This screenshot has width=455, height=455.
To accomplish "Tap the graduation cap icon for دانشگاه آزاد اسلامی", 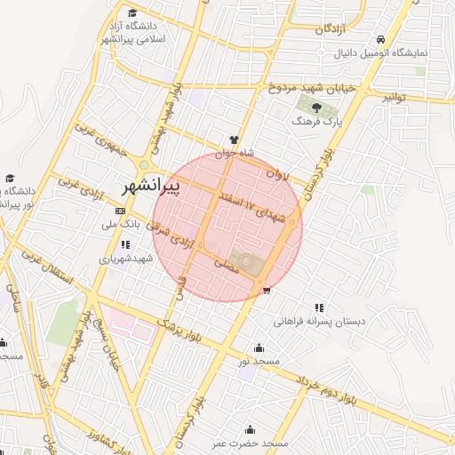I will pyautogui.click(x=132, y=13).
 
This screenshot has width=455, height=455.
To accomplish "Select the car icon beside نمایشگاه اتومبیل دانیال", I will pyautogui.click(x=381, y=40).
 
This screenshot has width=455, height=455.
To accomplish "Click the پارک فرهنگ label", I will pyautogui.click(x=317, y=120).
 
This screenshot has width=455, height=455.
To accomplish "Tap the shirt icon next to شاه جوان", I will pyautogui.click(x=234, y=140).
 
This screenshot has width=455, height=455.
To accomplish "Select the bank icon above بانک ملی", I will pyautogui.click(x=121, y=212).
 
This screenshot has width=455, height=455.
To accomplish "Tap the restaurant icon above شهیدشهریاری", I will pyautogui.click(x=126, y=245).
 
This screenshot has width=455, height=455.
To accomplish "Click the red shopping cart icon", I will pyautogui.click(x=267, y=290).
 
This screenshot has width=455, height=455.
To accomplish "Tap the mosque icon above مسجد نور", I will pyautogui.click(x=259, y=348).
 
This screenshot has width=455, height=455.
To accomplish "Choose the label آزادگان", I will pyautogui.click(x=329, y=29).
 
